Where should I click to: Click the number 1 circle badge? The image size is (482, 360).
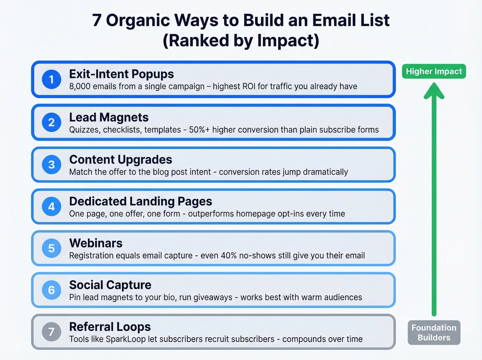(x=51, y=79)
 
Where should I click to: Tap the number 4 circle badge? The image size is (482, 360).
(x=51, y=206)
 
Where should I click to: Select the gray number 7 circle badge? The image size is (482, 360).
(x=51, y=332)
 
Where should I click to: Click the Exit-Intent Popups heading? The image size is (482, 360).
(x=121, y=74)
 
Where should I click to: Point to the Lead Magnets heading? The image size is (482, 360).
(x=109, y=117)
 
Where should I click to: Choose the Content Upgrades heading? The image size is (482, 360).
(x=120, y=160)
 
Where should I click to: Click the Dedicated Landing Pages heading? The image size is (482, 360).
(x=140, y=201)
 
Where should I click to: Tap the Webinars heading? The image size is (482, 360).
(x=96, y=243)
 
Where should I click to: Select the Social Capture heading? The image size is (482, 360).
(x=110, y=285)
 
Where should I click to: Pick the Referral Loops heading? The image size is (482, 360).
(x=110, y=327)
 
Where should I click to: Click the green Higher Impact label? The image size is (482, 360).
(x=434, y=71)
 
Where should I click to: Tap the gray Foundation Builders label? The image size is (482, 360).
(x=434, y=332)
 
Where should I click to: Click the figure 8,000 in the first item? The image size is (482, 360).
(x=80, y=86)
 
